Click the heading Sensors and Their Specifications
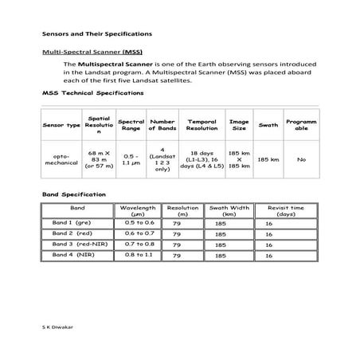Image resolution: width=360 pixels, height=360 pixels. (96, 34)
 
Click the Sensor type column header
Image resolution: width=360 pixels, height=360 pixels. (61, 125)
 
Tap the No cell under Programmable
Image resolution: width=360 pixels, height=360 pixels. (302, 159)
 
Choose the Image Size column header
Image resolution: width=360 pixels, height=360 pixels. (238, 125)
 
